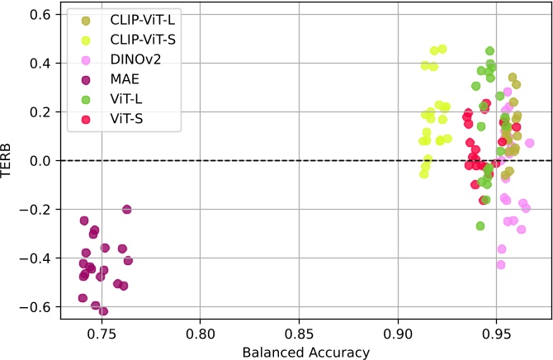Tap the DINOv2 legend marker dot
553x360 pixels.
(x=86, y=59)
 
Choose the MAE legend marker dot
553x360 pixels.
(x=86, y=79)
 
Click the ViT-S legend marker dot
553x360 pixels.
(x=86, y=120)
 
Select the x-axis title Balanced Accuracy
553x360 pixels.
(x=305, y=351)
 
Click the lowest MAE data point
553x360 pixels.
(x=103, y=311)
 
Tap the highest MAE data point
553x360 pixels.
(x=127, y=209)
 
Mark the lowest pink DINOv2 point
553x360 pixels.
(x=500, y=264)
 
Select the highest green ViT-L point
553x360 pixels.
(x=489, y=51)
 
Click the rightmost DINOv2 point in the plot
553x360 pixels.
(x=530, y=143)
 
